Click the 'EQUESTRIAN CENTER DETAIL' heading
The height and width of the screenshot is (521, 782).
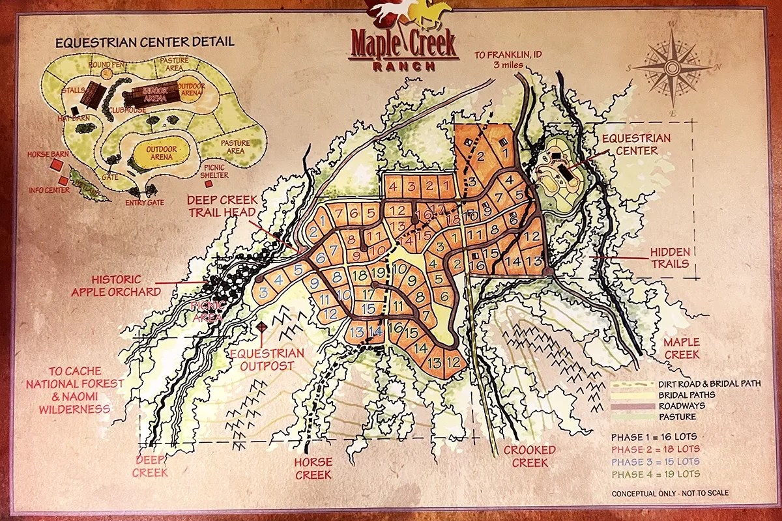[x=145, y=43]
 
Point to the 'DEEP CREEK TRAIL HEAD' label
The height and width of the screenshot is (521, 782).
[x=223, y=206]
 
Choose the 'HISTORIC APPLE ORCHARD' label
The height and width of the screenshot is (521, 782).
[x=116, y=285]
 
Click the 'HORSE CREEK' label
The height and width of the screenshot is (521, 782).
[x=313, y=468]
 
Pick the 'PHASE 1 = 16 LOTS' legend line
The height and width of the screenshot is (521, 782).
[x=654, y=436]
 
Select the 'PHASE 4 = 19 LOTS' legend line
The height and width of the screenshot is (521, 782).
[x=654, y=473]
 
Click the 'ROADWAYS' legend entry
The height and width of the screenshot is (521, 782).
[x=678, y=406]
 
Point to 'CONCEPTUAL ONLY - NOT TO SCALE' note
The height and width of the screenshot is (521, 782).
[x=670, y=494]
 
